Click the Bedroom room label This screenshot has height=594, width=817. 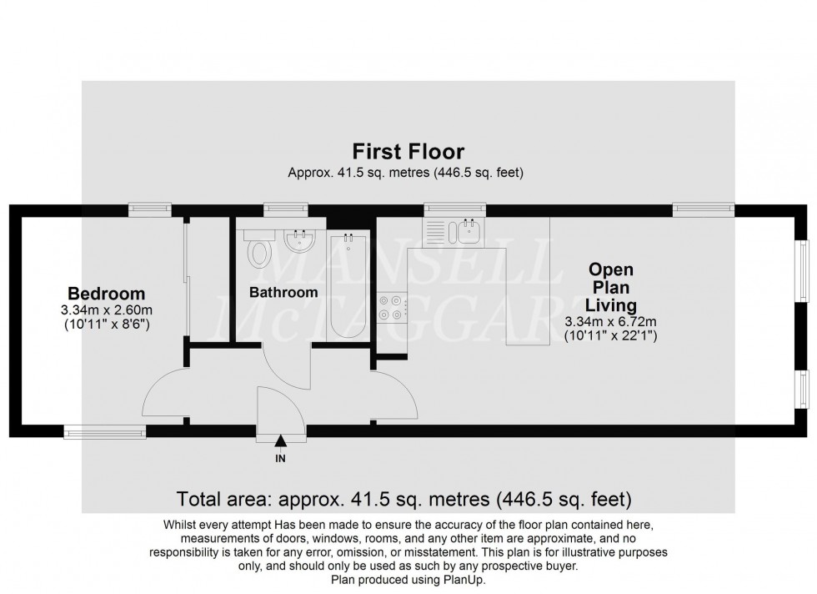click(106, 294)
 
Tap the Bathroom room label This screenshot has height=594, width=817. click(284, 293)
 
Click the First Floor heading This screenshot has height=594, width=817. click(408, 152)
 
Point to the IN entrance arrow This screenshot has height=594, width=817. click(280, 442)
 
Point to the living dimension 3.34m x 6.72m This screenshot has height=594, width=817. click(611, 321)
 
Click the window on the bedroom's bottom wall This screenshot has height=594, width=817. click(106, 431)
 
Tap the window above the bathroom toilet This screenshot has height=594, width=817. click(283, 209)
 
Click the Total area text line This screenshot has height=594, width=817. click(404, 500)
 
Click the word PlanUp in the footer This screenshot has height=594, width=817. click(464, 579)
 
